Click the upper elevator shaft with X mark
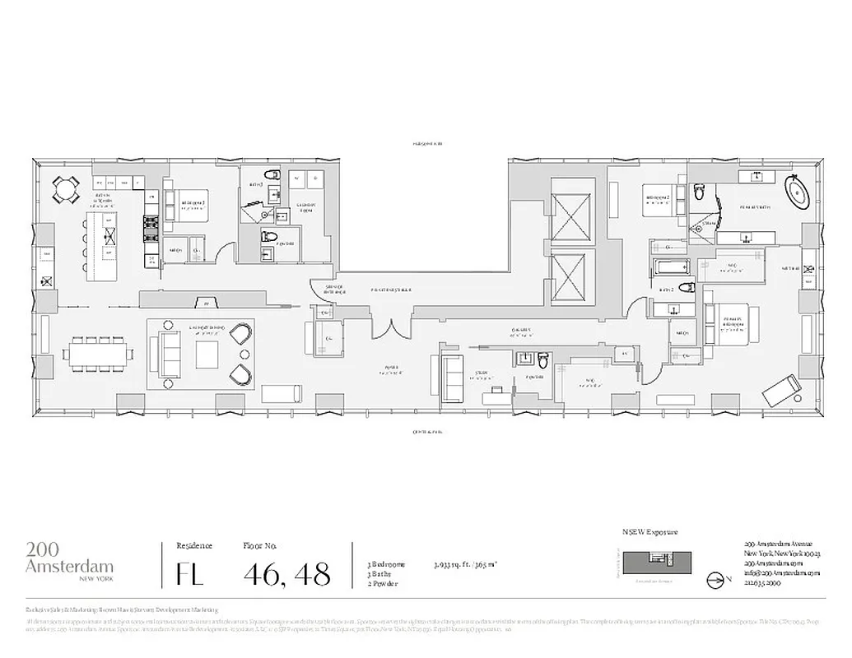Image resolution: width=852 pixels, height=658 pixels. point(570,215)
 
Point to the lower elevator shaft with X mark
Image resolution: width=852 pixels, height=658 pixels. point(570,276)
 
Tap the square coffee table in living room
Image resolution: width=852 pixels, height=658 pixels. point(206,354)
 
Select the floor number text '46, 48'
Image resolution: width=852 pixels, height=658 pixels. point(286,572)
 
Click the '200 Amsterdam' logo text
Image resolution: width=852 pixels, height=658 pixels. point(69,558)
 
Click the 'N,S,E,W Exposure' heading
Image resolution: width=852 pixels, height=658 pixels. point(650,532)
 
